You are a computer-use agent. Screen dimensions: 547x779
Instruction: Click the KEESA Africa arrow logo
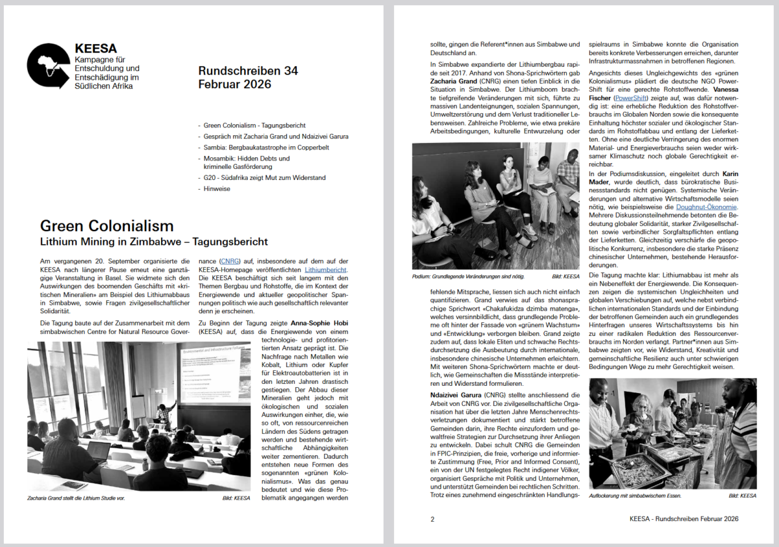pyautogui.click(x=47, y=66)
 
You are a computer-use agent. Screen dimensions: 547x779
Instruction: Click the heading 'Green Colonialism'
pyautogui.click(x=106, y=226)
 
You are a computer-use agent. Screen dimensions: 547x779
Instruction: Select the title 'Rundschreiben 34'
pyautogui.click(x=247, y=71)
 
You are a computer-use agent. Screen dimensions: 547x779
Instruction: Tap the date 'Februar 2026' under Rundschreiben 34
pyautogui.click(x=234, y=84)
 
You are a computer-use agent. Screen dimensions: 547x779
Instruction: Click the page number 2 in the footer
pyautogui.click(x=432, y=519)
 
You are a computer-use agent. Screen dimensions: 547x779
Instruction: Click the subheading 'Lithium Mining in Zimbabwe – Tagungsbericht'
pyautogui.click(x=154, y=242)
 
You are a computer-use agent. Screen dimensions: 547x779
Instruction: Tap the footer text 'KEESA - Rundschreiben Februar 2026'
pyautogui.click(x=684, y=519)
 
